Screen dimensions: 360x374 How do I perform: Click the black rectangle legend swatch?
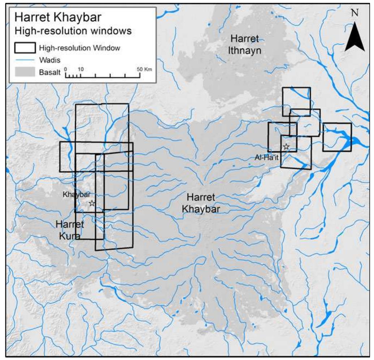click(25, 47)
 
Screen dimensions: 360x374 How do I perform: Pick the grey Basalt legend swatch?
click(25, 72)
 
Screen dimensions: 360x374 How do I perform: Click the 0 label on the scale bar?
click(65, 69)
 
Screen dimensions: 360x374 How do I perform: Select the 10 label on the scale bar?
click(80, 69)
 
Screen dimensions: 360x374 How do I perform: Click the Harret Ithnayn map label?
click(245, 44)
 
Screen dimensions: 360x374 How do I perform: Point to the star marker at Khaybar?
click(92, 203)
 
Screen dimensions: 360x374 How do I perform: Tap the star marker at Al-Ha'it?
click(286, 147)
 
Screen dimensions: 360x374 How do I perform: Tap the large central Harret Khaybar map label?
click(201, 203)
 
